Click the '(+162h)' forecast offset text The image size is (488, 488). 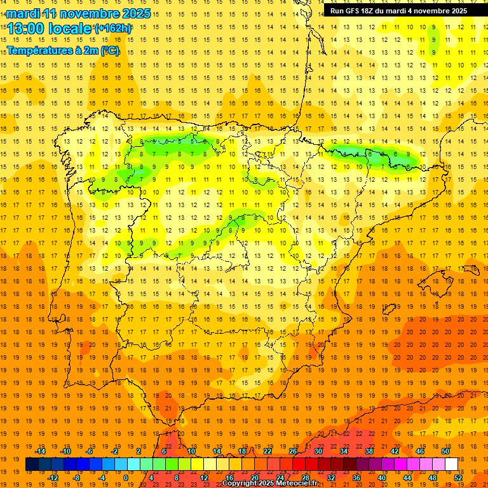(114, 29)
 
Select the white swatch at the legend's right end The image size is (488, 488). (451, 464)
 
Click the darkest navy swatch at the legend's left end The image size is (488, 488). (32, 464)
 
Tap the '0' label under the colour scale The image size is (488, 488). (125, 478)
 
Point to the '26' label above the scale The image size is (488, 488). (293, 451)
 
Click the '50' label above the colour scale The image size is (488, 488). (445, 451)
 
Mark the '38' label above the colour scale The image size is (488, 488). (369, 451)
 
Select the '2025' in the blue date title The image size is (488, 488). (135, 13)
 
